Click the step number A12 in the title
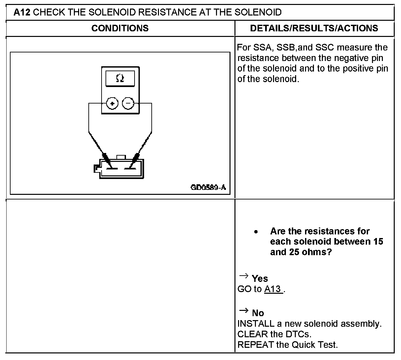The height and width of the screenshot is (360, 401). [22, 13]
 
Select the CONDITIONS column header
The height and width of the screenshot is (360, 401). [120, 28]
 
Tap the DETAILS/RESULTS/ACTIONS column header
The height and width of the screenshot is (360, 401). [314, 28]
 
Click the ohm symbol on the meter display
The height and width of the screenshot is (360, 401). [120, 78]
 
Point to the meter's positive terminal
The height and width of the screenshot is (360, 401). [112, 104]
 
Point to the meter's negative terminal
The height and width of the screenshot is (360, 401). [128, 104]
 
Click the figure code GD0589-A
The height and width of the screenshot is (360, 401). [208, 188]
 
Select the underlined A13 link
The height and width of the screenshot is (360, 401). [273, 289]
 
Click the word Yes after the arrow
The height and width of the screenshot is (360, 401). [260, 279]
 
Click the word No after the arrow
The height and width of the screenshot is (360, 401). [258, 313]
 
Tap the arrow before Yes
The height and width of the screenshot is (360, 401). [243, 276]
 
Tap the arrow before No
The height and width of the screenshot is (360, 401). [243, 310]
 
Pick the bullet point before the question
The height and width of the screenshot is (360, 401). [256, 232]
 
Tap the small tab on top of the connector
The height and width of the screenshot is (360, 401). [121, 157]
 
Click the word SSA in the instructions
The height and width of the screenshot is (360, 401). [262, 47]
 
